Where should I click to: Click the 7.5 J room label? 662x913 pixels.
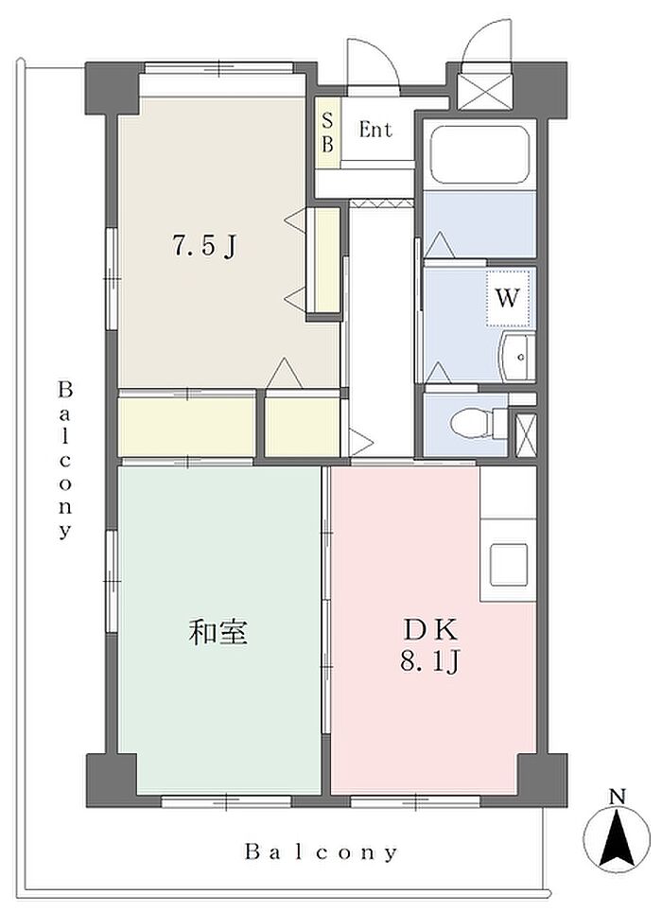[x=203, y=247]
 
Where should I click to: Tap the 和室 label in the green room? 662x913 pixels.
[x=218, y=632]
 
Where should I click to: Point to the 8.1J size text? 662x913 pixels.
[x=430, y=661]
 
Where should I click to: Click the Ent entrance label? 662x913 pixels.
[x=375, y=130]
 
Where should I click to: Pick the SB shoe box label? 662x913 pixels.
[x=328, y=133]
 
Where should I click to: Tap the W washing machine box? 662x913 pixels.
[x=507, y=298]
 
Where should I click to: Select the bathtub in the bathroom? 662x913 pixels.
[x=479, y=152]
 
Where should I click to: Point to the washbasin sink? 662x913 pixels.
[x=516, y=357]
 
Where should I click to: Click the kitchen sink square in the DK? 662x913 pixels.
[x=508, y=564]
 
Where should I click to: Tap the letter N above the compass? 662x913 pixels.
[x=618, y=796]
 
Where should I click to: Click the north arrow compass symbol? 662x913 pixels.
[x=617, y=837]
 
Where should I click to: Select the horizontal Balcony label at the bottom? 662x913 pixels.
[x=321, y=852]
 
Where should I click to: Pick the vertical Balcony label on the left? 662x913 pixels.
[x=65, y=460]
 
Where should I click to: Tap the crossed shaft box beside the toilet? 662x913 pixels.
[x=527, y=433]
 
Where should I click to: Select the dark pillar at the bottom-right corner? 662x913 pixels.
[x=542, y=781]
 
